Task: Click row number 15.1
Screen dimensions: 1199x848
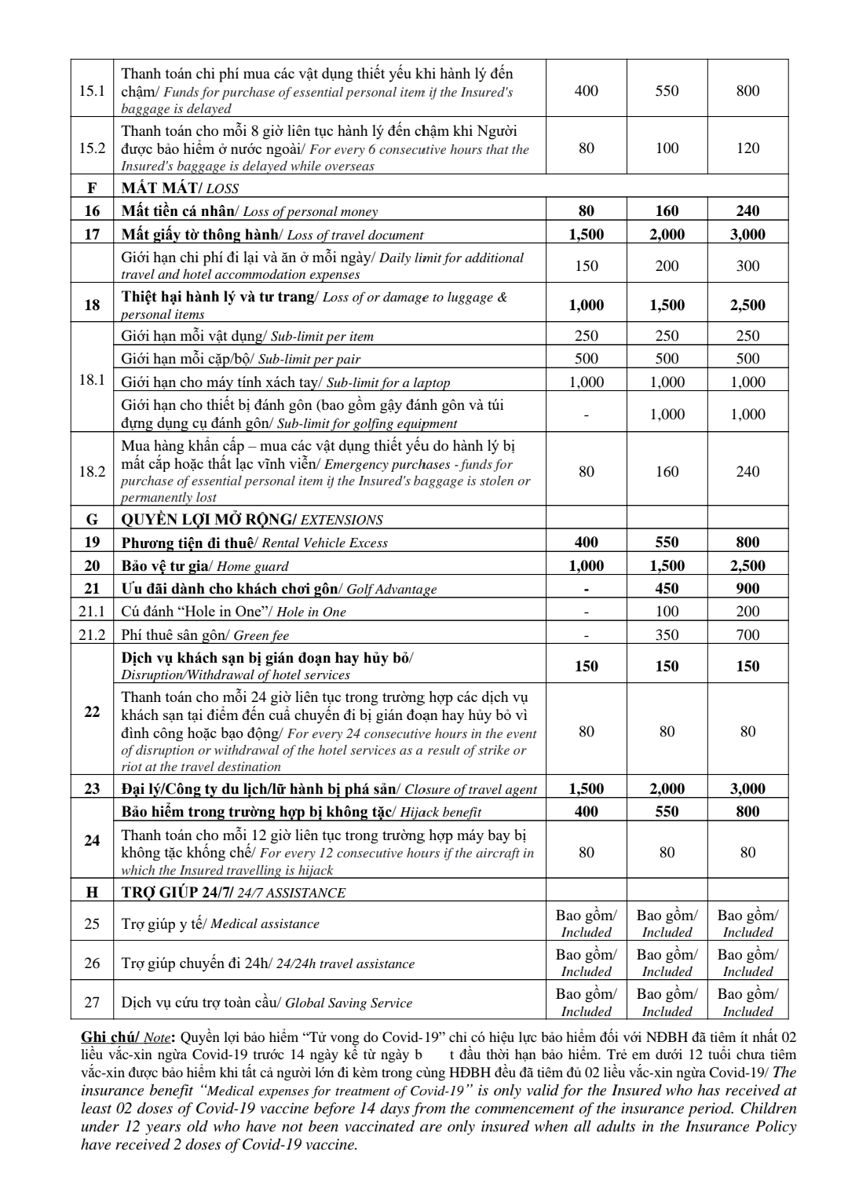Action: point(92,90)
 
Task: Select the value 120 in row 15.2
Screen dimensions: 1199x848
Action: point(747,148)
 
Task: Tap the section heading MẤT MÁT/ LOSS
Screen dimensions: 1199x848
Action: point(180,188)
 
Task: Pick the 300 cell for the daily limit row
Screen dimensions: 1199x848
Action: point(747,265)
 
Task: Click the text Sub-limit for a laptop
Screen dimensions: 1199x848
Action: point(388,383)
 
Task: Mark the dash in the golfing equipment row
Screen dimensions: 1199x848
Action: point(586,415)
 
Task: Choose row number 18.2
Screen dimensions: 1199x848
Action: point(92,471)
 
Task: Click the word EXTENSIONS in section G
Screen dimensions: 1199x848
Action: point(342,520)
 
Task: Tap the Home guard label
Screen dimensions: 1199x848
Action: point(252,566)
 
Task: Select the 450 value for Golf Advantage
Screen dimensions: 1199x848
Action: point(667,588)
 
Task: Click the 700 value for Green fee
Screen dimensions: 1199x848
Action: point(747,634)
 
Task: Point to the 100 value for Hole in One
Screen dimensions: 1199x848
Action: point(667,611)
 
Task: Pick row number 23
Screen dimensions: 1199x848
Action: point(92,788)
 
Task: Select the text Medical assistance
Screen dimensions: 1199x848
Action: point(265,924)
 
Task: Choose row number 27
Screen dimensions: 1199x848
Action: point(92,1003)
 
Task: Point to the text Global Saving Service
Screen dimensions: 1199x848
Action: point(348,1003)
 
